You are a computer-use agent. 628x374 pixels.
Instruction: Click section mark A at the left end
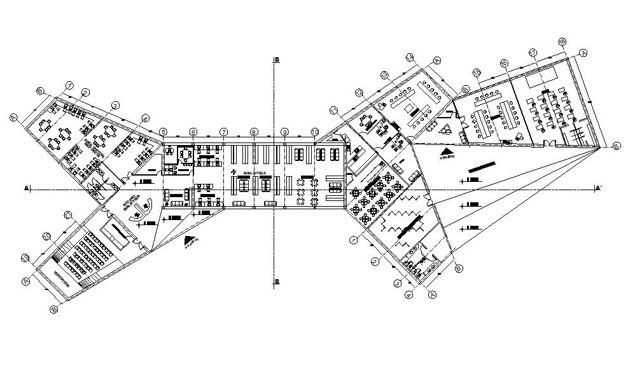[x=26, y=188]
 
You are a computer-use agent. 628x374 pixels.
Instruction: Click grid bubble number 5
[x=164, y=132]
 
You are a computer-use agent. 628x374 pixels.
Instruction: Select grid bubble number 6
[x=193, y=132]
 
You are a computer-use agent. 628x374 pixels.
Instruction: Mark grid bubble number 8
[x=254, y=132]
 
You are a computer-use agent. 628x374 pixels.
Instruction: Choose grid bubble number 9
[x=284, y=132]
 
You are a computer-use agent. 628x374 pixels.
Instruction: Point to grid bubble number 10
[x=314, y=132]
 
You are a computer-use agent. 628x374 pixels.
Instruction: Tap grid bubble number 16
[x=504, y=63]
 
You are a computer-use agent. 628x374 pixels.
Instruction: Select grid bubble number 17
[x=533, y=52]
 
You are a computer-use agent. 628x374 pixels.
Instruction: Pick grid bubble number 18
[x=561, y=42]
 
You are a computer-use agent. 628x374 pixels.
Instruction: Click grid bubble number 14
[x=466, y=89]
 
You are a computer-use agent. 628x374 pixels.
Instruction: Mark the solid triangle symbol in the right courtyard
[x=447, y=152]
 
